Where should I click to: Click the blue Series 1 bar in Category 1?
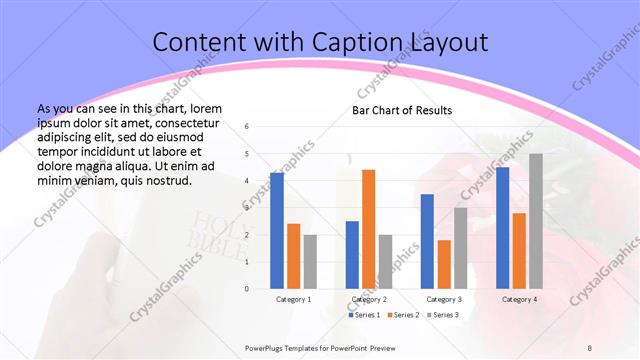point(277,230)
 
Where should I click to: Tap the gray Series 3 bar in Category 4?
point(536,220)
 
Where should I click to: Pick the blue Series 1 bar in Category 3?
point(427,241)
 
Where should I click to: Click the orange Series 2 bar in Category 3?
point(444,264)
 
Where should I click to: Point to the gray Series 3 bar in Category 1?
point(310,261)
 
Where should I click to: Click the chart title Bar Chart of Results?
point(402,110)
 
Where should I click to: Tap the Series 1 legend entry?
point(362,315)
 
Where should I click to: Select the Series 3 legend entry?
point(443,315)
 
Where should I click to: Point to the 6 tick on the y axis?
point(247,127)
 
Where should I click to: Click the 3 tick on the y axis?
point(247,208)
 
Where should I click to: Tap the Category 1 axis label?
point(293,299)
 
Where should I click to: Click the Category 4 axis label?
point(519,299)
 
